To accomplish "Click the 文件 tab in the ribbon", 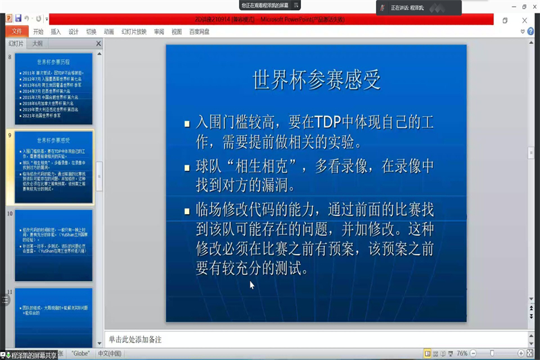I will coord(17,31).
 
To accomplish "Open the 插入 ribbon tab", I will coord(55,32).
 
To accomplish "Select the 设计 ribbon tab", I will coord(74,32).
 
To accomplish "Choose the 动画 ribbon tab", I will coord(109,32).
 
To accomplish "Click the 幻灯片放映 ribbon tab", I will coord(134,32).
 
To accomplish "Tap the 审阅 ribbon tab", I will coord(159,32).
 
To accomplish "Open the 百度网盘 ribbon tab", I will coord(199,32).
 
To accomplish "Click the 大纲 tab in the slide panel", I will coord(38,43).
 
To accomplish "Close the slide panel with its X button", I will coord(99,44).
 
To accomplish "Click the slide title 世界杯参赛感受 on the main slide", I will coord(317,79).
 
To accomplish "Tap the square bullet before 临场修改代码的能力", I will coord(188,211).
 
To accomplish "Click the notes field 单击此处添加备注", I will coord(135,339).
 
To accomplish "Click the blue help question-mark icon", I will coord(531,32).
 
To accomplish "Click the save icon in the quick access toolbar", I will coord(18,18).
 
